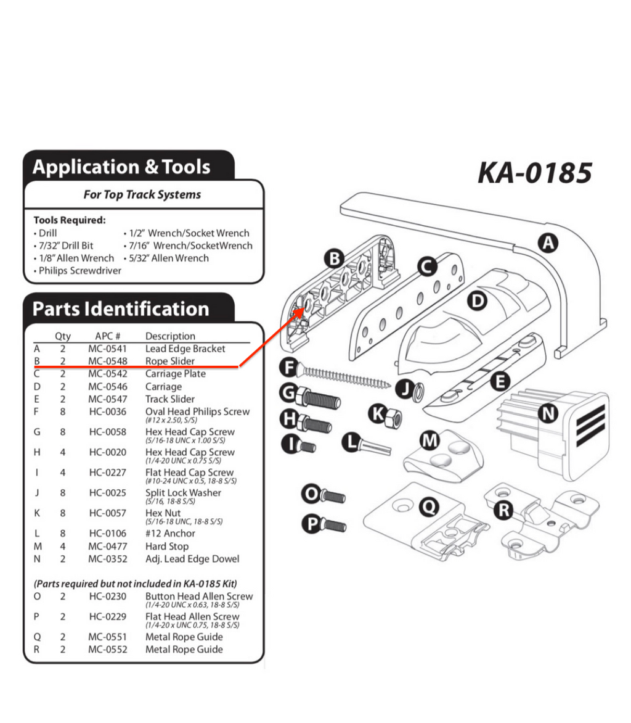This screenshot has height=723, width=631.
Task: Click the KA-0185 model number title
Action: (534, 173)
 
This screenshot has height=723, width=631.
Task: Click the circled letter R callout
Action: (505, 510)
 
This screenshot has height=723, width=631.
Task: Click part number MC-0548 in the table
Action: (107, 361)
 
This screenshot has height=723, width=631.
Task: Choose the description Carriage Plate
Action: (176, 374)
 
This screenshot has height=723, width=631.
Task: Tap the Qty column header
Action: (63, 336)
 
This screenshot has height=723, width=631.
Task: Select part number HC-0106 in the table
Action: (107, 533)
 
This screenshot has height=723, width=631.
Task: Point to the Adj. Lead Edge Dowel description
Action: (192, 559)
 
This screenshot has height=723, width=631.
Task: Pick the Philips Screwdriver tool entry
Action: (79, 270)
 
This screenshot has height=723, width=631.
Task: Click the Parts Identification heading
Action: (120, 308)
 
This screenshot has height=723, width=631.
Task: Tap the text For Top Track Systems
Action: (142, 194)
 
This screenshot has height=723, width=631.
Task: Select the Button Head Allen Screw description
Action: (198, 597)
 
